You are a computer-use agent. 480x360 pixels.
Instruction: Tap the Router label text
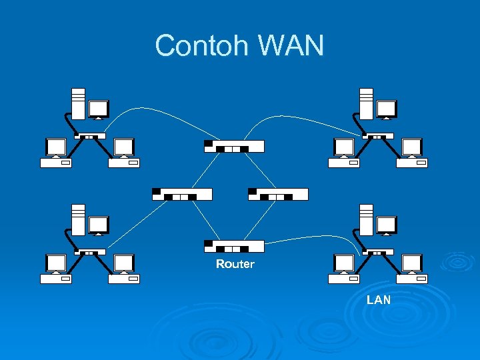[235, 265]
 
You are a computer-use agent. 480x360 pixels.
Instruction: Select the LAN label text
[379, 300]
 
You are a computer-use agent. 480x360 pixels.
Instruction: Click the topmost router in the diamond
[234, 146]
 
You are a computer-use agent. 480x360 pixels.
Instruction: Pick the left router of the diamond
[182, 194]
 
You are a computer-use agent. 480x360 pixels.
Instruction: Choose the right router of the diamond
[278, 194]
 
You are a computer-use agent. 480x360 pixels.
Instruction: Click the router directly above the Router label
[234, 246]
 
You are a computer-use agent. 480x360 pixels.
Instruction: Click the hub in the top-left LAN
[90, 136]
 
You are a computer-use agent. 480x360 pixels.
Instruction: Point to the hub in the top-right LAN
[377, 136]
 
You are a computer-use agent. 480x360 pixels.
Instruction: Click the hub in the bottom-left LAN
[90, 252]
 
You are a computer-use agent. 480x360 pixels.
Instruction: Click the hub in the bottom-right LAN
[377, 252]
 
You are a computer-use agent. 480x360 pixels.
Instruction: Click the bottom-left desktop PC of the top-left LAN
[56, 153]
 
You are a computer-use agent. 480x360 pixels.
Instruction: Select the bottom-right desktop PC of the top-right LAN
[411, 153]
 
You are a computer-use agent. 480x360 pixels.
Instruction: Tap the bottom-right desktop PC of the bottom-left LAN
[124, 269]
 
